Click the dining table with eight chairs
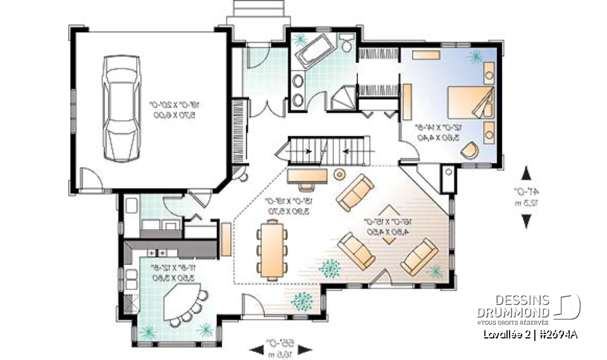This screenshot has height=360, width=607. pyautogui.click(x=272, y=249)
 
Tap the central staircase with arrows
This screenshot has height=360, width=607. pyautogui.click(x=325, y=150)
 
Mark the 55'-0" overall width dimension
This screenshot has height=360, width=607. pyautogui.click(x=279, y=348)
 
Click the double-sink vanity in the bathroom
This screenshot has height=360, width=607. pyautogui.click(x=297, y=90)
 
